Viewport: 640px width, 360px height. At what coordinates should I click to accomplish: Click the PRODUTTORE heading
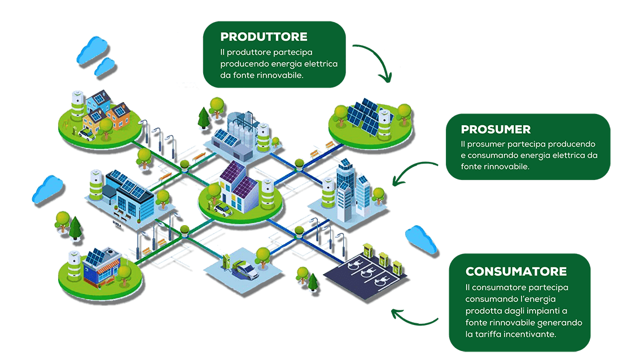tap(264, 37)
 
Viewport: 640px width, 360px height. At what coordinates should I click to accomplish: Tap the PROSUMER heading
tap(496, 129)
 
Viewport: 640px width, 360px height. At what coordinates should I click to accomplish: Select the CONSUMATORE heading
tap(516, 272)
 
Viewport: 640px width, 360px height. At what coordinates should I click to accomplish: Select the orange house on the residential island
tap(118, 116)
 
